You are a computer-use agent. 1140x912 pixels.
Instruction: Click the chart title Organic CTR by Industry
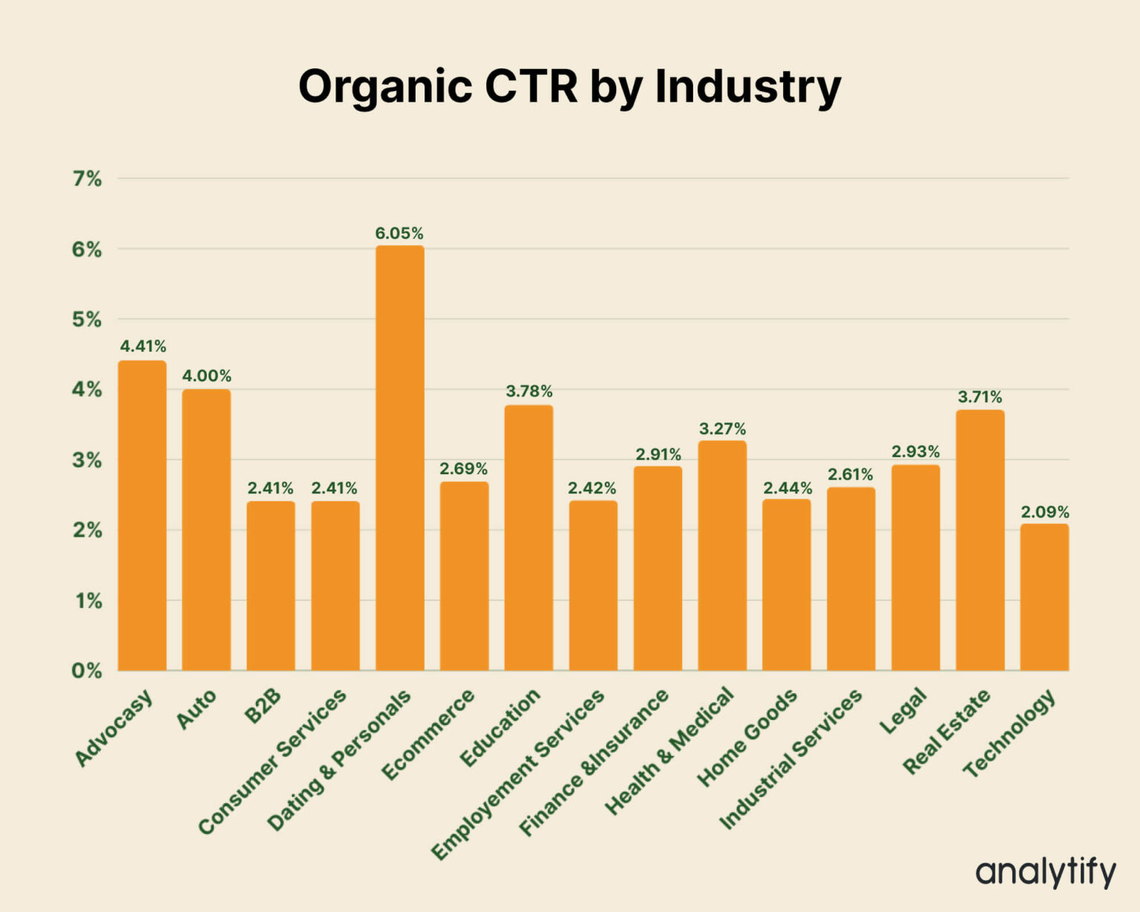point(569,87)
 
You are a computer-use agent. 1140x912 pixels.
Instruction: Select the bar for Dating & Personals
point(399,458)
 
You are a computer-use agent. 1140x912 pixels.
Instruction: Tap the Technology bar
point(1044,597)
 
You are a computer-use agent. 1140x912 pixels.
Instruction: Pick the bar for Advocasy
point(142,516)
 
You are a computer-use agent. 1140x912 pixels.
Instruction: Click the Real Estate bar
point(980,540)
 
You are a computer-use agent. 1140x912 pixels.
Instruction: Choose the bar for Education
point(528,538)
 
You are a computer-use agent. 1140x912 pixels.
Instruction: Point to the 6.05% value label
point(399,234)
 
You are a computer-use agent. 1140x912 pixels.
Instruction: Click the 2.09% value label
point(1044,512)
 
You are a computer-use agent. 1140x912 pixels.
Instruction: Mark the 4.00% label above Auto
point(206,376)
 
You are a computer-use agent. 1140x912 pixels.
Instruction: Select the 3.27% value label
point(722,429)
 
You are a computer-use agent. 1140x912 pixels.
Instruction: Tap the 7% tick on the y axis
point(87,179)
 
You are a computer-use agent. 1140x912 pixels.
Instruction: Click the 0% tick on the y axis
point(87,671)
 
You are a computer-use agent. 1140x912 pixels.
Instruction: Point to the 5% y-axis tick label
point(87,320)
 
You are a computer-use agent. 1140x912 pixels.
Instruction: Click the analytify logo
point(1045,872)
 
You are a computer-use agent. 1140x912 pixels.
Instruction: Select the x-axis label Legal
point(903,711)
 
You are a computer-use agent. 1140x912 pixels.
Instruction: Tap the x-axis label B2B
point(263,706)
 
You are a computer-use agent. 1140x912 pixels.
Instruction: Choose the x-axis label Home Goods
point(747,738)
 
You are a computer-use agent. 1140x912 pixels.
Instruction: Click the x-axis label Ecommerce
point(428,735)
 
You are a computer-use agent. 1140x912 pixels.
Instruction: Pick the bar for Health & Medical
point(722,556)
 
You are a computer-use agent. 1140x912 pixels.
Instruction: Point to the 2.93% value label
point(915,452)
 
